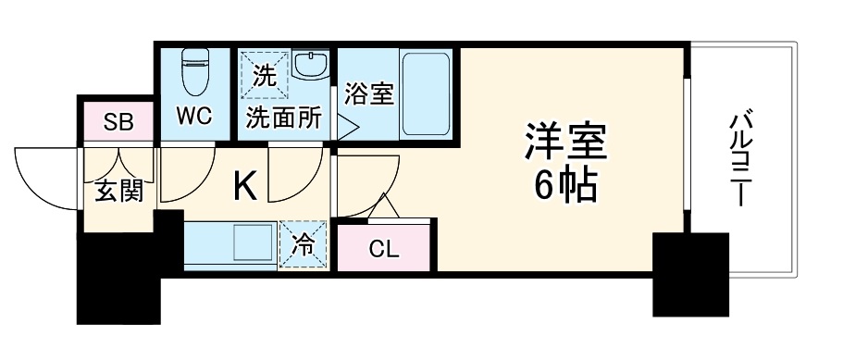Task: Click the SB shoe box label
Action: (x=118, y=121)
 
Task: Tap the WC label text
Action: (x=195, y=116)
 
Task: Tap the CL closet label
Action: (x=383, y=247)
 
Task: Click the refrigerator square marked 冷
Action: (x=304, y=244)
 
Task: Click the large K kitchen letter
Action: (x=243, y=188)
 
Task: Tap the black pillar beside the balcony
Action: (x=690, y=274)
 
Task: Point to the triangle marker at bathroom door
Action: (x=344, y=128)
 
